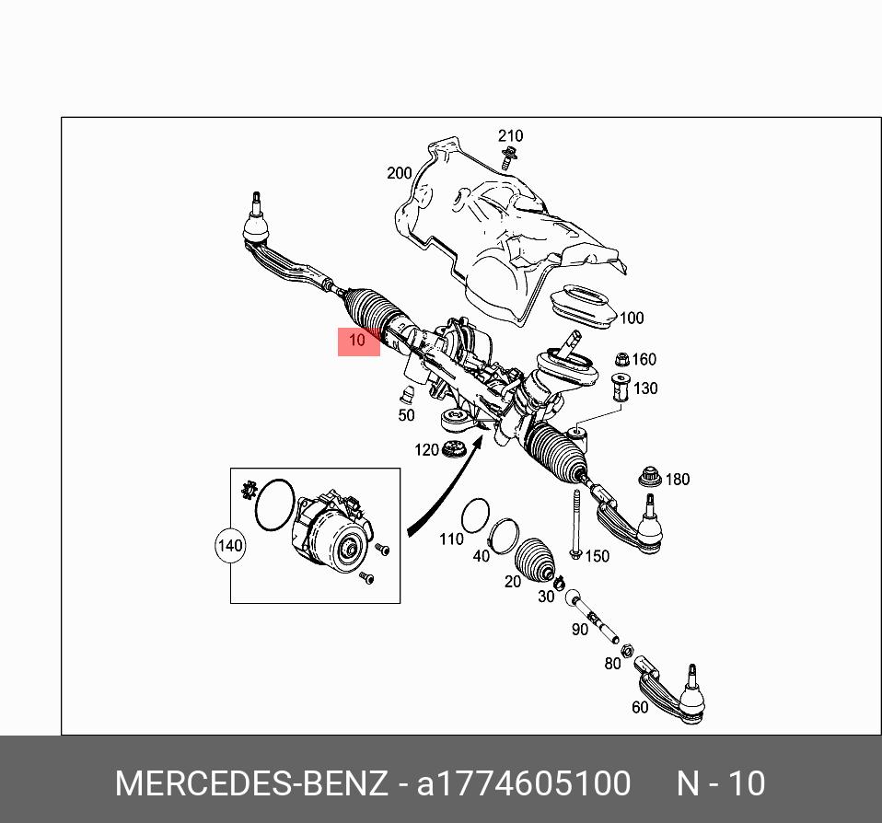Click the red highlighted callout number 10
coord(358,341)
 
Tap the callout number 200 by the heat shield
coord(399,173)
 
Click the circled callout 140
coord(229,545)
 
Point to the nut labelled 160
coord(620,358)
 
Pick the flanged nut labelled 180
coord(651,479)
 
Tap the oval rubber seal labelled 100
coord(582,305)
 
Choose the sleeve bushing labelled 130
coord(621,388)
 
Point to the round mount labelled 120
coord(452,451)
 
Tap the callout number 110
coord(451,539)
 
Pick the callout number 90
coord(579,630)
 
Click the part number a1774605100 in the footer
coord(524,783)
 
